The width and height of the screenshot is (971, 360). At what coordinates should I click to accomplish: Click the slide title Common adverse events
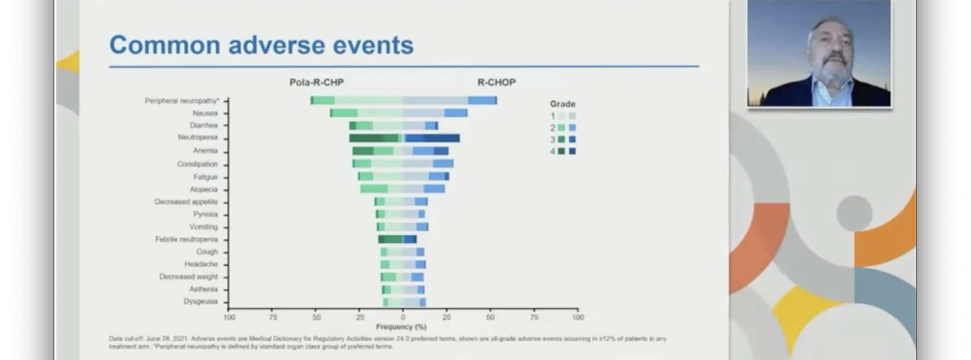point(261,45)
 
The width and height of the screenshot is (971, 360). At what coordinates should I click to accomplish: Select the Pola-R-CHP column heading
point(316,82)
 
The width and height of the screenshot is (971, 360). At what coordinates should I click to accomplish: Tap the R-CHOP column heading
point(496,82)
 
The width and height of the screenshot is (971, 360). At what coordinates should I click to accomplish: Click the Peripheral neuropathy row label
point(182,101)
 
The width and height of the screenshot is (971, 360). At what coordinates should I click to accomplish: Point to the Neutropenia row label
point(198,137)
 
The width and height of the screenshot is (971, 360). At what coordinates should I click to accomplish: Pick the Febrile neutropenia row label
point(186,239)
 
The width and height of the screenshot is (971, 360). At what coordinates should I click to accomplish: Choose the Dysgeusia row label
point(200,301)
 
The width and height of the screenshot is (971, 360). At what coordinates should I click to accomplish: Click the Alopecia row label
point(203,189)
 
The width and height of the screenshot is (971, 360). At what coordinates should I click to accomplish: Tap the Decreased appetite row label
point(186,202)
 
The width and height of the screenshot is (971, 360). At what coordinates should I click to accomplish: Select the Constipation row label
point(197,164)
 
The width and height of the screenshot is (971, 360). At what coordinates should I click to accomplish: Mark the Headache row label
point(201,264)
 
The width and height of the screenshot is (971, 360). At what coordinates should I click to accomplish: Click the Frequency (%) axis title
point(401,327)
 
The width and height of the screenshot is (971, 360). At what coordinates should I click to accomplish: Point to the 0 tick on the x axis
point(403,317)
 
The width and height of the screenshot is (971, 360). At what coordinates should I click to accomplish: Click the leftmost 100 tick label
point(229,317)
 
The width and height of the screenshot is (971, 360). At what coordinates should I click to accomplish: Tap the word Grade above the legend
point(562,104)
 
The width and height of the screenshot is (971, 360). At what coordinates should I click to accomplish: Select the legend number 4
point(552,152)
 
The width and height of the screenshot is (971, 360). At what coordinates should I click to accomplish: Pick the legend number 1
point(552,116)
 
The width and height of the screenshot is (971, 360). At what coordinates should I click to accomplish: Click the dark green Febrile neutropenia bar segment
point(390,239)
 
